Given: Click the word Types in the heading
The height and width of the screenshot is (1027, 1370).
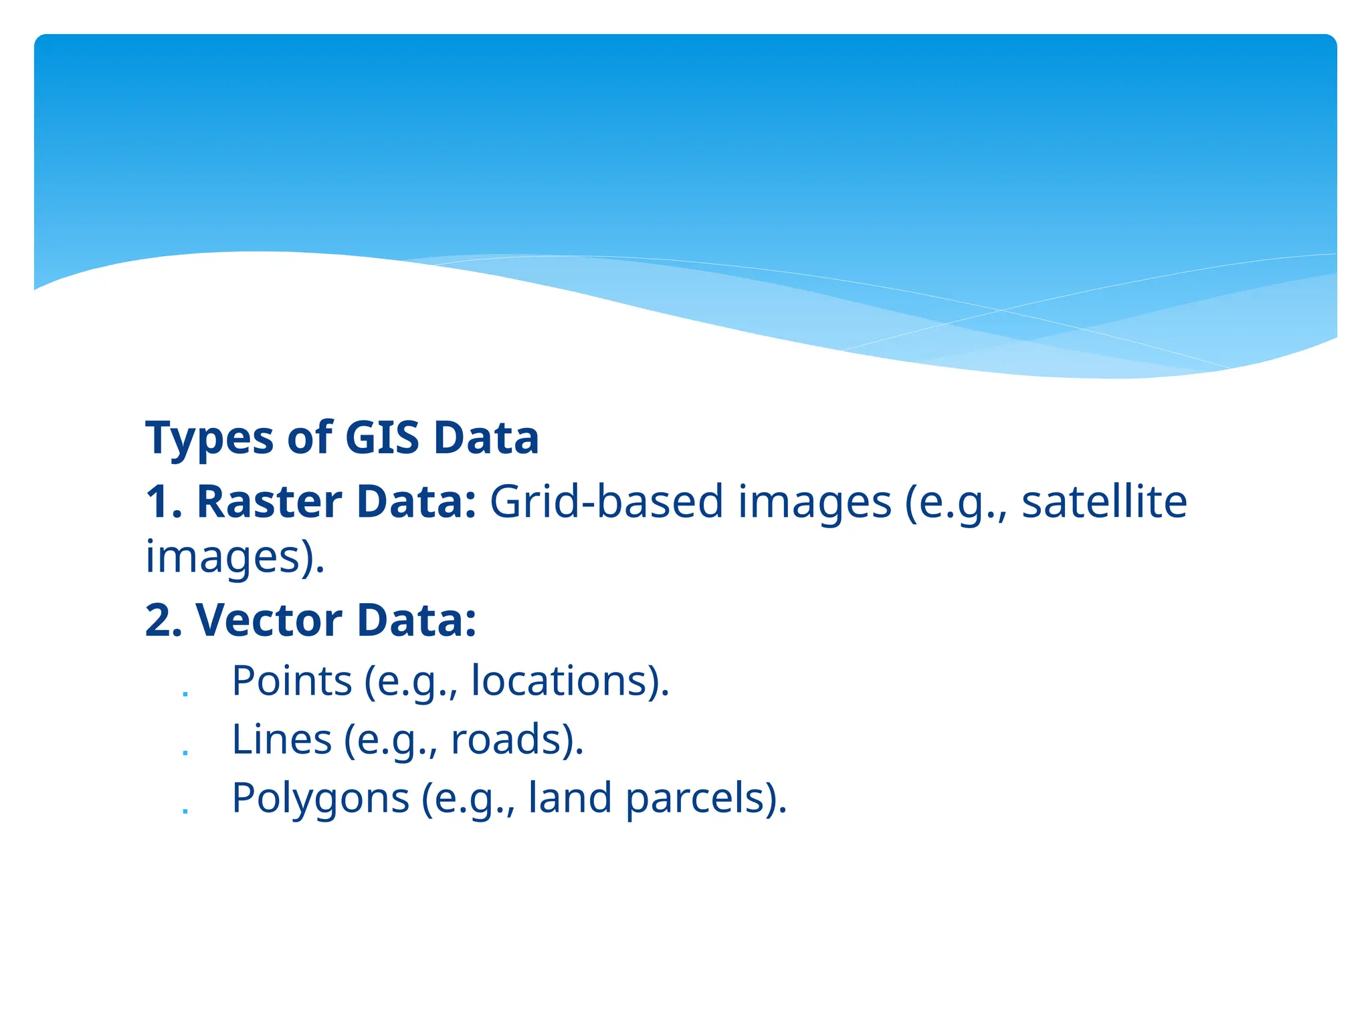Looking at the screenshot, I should tap(209, 439).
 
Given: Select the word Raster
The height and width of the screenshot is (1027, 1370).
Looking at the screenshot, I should tap(269, 501).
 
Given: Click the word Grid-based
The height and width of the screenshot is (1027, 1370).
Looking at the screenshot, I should tap(607, 501).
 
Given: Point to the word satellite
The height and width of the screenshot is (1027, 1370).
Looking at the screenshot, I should tap(1104, 501).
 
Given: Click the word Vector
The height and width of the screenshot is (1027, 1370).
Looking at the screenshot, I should tap(269, 620).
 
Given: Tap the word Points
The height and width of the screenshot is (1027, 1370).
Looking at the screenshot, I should tap(292, 681).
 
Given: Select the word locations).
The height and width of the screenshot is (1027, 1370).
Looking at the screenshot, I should tap(570, 681).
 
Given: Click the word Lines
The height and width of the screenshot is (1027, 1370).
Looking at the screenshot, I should tap(282, 739).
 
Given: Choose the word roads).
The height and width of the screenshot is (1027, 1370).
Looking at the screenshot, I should tap(517, 739).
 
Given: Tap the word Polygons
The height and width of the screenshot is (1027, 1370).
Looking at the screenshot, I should tap(320, 798).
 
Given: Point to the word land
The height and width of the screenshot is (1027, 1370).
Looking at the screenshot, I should tap(570, 798).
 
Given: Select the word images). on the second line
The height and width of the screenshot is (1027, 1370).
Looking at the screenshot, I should tap(235, 558).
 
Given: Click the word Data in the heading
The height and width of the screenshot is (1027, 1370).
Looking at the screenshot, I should tap(486, 438).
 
